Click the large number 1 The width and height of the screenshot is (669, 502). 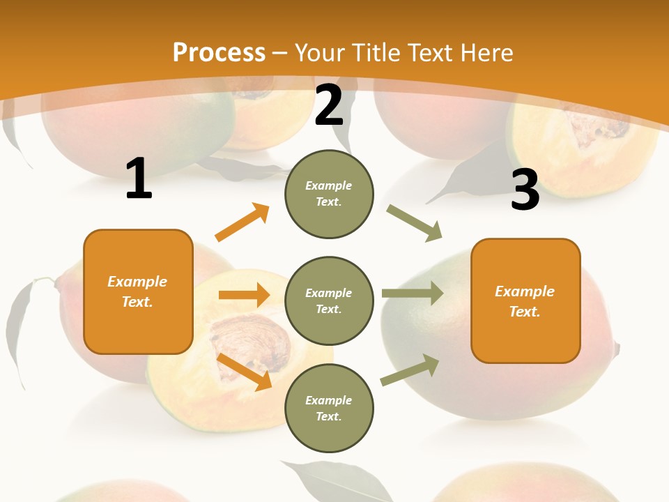coord(139,179)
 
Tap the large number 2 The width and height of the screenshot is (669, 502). coord(329,106)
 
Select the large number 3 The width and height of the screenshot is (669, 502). coord(525,190)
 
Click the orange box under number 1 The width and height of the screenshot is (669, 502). coord(138,291)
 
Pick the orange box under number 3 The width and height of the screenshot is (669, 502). coord(525,301)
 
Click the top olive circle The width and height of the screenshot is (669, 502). coord(329,194)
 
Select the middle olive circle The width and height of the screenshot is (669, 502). coord(329,301)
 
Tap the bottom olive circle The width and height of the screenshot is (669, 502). coord(329,409)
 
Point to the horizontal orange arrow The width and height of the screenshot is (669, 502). coord(244,295)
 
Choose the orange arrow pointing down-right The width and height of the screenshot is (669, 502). coord(245,372)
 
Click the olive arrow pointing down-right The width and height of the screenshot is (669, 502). coord(414,223)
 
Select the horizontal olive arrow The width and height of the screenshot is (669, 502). coord(413,293)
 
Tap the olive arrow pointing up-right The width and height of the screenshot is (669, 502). coord(410,370)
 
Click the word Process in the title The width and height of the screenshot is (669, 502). coord(219,53)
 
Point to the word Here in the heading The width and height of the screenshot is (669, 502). coord(486,53)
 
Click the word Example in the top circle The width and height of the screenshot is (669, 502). coord(329,185)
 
